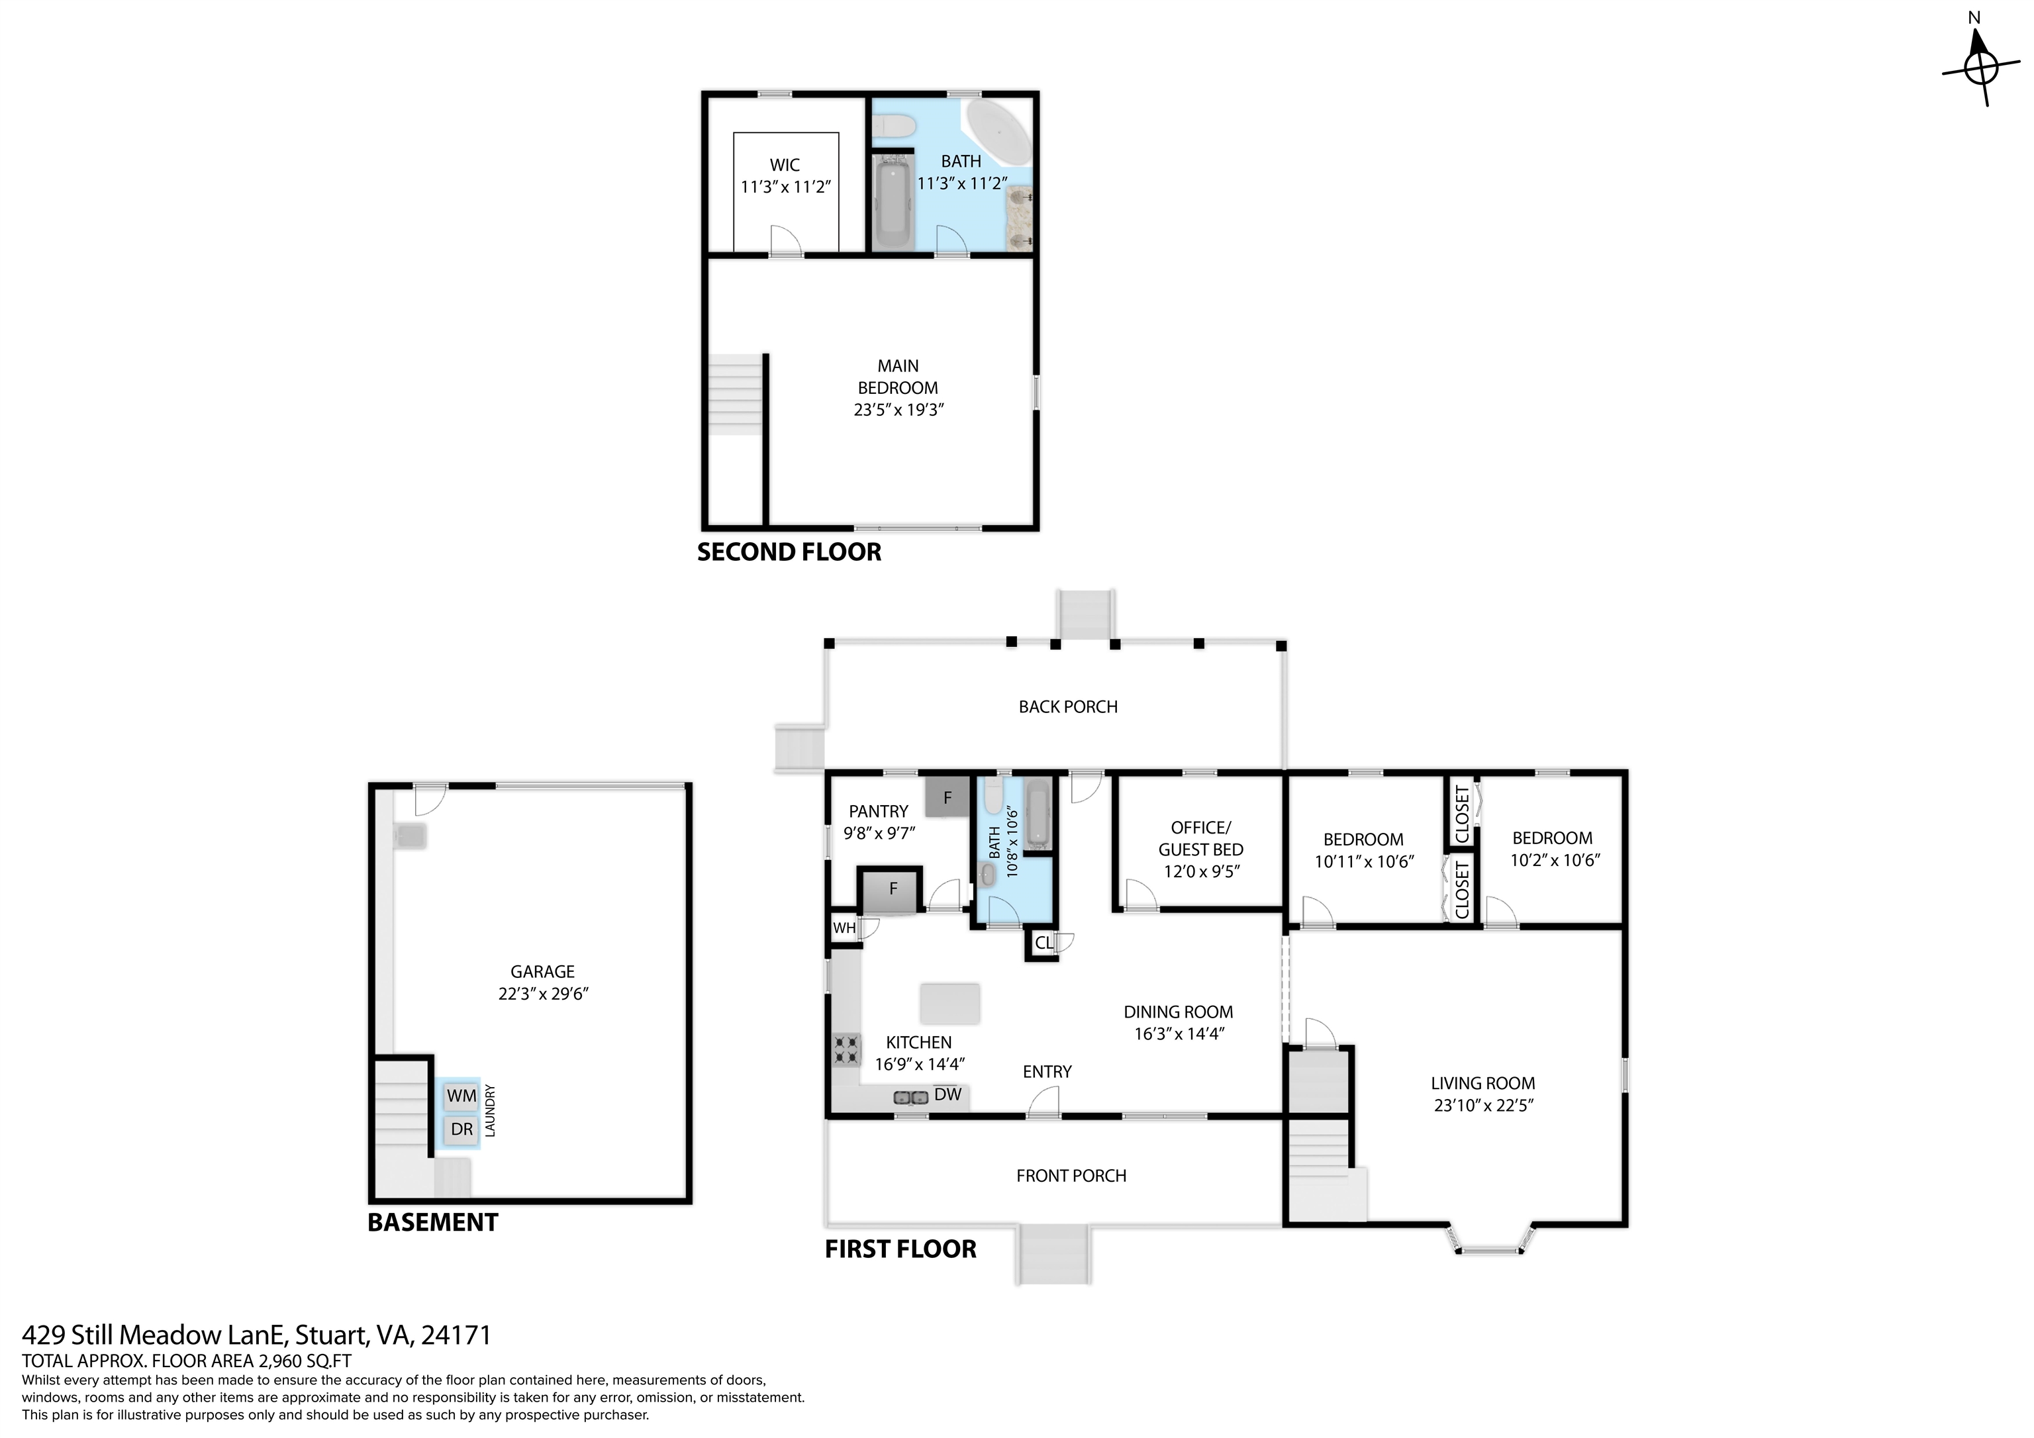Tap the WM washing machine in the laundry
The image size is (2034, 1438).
461,1096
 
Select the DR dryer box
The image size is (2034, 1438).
461,1129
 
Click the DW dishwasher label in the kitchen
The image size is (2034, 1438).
948,1094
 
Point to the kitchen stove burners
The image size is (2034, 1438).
846,1050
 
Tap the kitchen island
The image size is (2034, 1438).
949,1004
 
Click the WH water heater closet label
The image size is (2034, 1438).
844,928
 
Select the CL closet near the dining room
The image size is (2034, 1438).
1043,943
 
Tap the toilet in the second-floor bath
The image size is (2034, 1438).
892,128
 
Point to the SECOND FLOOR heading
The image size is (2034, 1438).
789,552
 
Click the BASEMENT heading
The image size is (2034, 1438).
432,1223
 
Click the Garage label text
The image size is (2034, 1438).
542,972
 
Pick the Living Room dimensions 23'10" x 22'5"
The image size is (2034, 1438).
1483,1106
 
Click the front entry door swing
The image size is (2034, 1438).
1043,1102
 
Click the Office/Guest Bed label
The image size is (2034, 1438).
1200,838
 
